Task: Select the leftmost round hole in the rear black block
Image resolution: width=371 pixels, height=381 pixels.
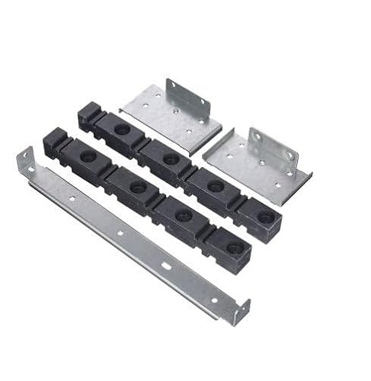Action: (123, 129)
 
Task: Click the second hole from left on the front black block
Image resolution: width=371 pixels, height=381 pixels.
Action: (138, 186)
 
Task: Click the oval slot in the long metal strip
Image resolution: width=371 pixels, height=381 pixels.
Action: (167, 266)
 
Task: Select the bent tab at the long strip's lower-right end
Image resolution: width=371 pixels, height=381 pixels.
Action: (242, 310)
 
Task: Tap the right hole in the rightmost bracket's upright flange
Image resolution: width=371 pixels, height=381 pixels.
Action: (287, 157)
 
